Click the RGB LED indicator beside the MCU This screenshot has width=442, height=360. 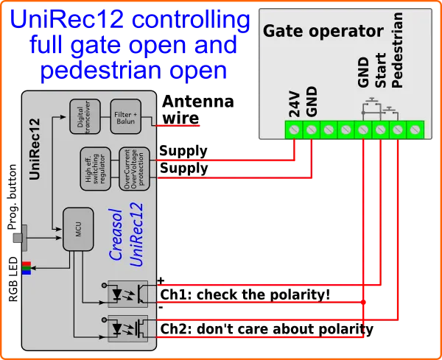coord(27,267)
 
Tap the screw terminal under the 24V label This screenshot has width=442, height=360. coord(294,130)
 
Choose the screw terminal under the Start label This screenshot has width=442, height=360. coord(380,130)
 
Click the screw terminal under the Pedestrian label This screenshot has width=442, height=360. coord(398,130)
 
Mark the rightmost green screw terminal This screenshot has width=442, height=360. coord(415,130)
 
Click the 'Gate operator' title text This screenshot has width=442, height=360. coord(323,32)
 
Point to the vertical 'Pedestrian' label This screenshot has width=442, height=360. coord(398,50)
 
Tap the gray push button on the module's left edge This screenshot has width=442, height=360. coord(20,238)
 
